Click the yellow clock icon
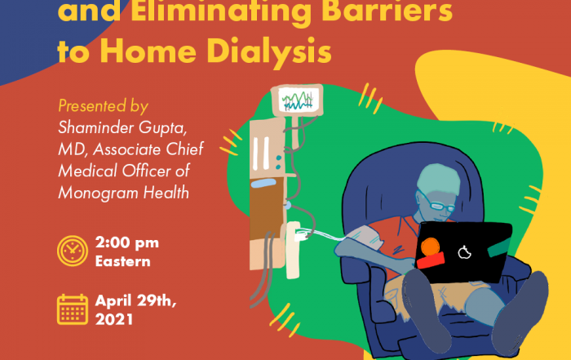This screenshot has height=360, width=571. tap(73, 251)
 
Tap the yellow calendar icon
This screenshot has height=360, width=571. tap(73, 309)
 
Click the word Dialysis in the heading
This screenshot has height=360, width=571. tap(269, 51)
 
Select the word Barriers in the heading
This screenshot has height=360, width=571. tap(387, 10)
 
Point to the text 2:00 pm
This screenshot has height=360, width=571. tap(127, 242)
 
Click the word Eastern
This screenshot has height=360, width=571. tap(122, 261)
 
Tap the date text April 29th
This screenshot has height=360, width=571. tap(136, 301)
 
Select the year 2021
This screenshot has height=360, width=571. tap(114, 319)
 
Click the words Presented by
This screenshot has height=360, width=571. tap(103, 106)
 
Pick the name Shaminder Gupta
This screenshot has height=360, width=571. tap(122, 128)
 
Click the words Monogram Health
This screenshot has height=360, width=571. tap(124, 193)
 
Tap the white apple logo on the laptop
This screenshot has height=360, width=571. tap(464, 252)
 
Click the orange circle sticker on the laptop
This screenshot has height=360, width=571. tap(430, 247)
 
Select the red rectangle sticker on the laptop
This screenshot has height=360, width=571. tap(431, 260)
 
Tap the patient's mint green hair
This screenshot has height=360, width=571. tap(438, 180)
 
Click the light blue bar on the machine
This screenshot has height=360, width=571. tap(263, 183)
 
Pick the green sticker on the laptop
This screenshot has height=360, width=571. tap(499, 247)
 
